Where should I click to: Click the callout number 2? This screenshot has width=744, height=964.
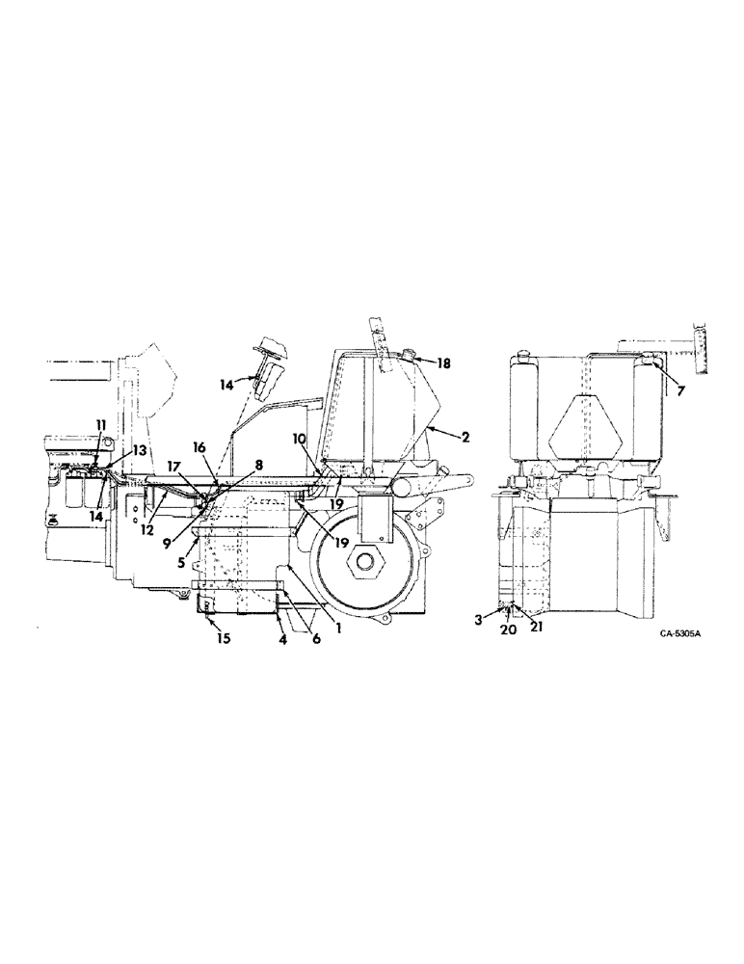tap(465, 437)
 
